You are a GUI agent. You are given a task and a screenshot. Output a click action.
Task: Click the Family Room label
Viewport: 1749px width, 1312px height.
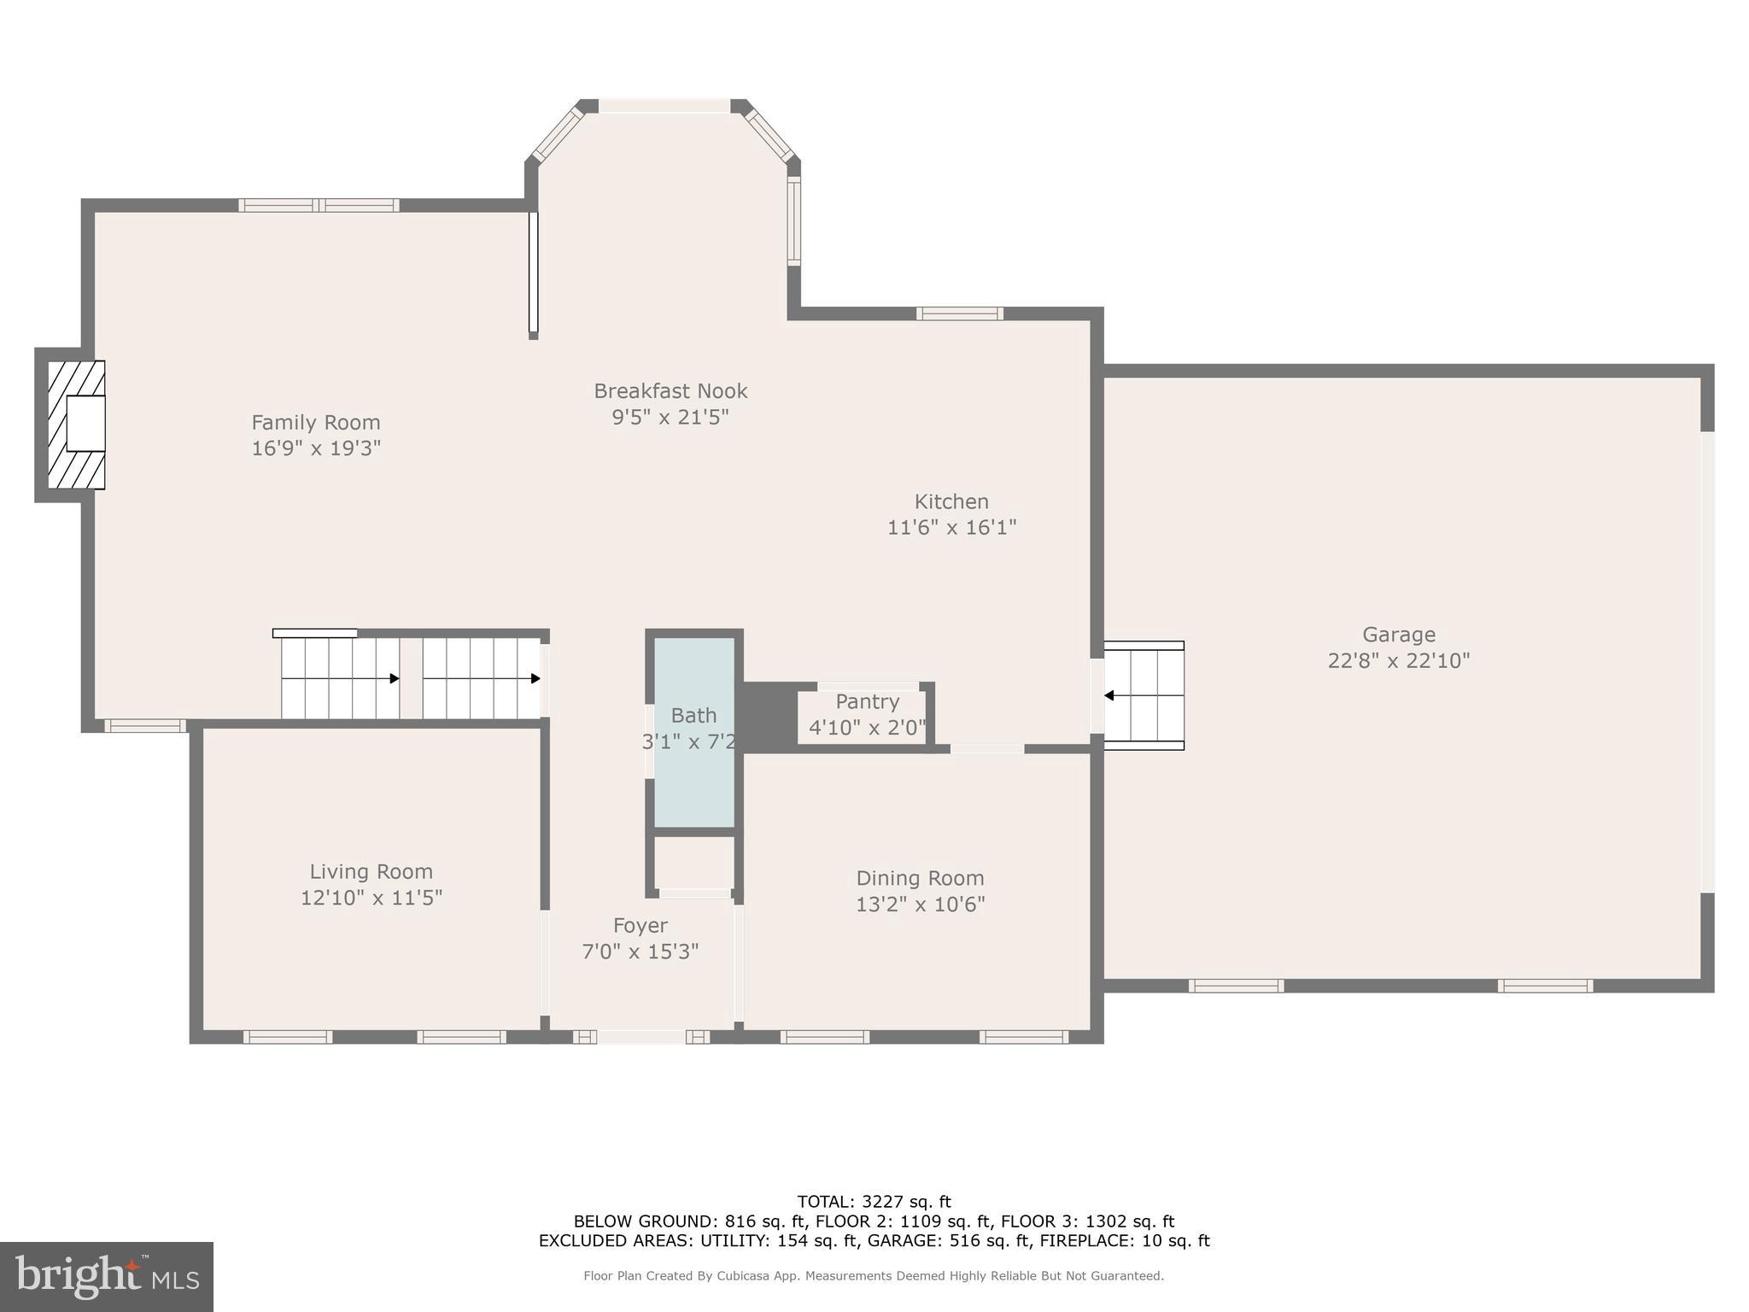(x=315, y=422)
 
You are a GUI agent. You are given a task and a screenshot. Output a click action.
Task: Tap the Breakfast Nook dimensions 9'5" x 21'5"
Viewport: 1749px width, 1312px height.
(x=670, y=417)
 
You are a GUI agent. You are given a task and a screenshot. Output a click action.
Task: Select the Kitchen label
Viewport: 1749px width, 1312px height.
(x=951, y=501)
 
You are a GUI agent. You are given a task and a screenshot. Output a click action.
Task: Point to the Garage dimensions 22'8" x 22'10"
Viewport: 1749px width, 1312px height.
(x=1398, y=660)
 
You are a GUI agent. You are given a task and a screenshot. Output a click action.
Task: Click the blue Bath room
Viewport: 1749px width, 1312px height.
(x=694, y=769)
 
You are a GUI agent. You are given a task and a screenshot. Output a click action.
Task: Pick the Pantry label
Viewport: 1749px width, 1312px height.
(x=867, y=701)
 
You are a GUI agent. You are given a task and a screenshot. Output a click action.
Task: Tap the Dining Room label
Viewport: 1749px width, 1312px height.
(x=920, y=878)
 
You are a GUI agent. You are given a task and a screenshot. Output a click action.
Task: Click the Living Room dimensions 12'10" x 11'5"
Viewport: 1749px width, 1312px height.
(x=371, y=898)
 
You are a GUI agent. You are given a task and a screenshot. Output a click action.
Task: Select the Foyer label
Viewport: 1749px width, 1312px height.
(x=641, y=925)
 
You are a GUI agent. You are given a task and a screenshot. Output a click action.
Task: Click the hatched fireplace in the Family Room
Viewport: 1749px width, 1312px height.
(x=76, y=425)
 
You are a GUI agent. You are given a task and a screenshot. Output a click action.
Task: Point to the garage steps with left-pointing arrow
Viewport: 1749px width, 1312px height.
(x=1144, y=695)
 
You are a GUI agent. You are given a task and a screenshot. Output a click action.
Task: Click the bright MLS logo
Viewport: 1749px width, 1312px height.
(x=106, y=1276)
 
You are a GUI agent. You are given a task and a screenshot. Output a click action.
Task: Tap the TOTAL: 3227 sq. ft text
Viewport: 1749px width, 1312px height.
(x=874, y=1202)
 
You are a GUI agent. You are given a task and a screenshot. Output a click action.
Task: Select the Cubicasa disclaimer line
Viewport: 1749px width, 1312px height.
(x=874, y=1276)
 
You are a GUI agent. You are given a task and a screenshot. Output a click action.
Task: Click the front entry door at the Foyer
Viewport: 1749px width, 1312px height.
(x=641, y=1037)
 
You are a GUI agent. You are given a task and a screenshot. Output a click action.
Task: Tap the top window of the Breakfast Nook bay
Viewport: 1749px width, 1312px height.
(x=664, y=106)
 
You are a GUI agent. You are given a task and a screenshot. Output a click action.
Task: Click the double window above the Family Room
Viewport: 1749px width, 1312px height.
(x=319, y=205)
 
